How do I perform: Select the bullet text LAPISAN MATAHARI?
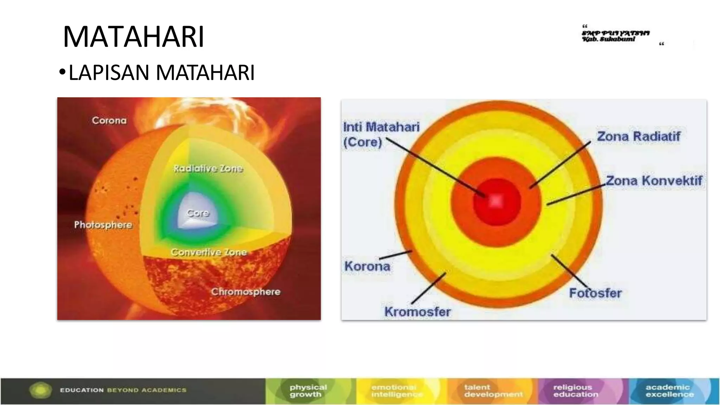pos(161,73)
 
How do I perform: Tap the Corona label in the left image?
pos(109,121)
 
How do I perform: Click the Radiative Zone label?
pos(208,168)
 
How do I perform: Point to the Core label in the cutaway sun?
pos(198,213)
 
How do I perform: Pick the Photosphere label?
pos(103,225)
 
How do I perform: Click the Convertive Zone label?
pos(208,252)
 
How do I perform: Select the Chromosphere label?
pos(245,292)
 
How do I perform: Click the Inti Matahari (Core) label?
pos(381,134)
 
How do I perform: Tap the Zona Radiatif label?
pos(638,136)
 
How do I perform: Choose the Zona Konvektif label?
pos(654,181)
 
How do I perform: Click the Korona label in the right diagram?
pos(367,266)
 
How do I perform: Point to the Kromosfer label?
pos(417,311)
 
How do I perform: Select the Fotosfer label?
pos(595,293)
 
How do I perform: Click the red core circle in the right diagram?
pos(496,201)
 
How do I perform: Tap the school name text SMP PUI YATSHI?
pos(615,33)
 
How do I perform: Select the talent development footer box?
pos(493,391)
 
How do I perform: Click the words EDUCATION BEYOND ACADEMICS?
pos(123,390)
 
